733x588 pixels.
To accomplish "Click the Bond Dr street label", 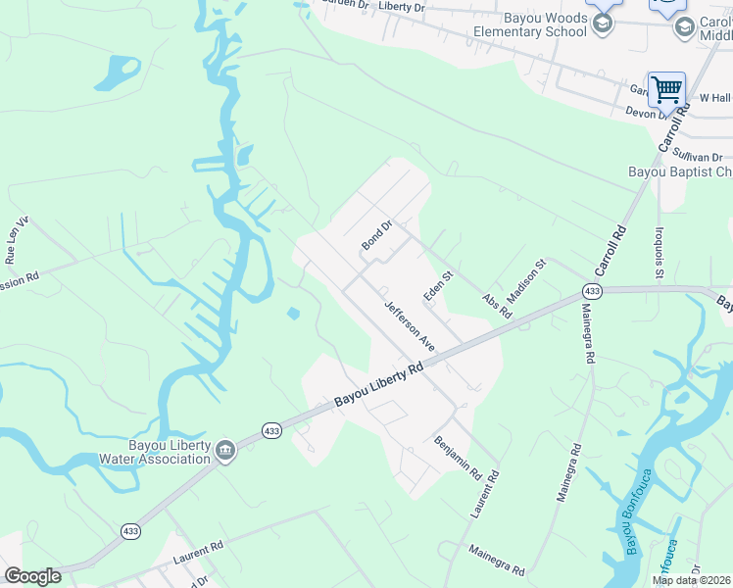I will pos(376,233).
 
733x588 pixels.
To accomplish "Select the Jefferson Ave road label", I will pos(410,326).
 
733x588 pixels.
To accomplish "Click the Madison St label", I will pos(525,282).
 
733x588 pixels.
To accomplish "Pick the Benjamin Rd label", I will pos(458,457).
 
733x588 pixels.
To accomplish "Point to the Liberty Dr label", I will pos(402,7).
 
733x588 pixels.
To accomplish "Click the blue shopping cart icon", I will pos(666,89).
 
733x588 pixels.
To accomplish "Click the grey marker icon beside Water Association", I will pos(225,450).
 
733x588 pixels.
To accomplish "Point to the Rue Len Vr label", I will pos(18,240).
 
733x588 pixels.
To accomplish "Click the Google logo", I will pos(32,576).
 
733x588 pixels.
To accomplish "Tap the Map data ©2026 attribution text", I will pos(692,580).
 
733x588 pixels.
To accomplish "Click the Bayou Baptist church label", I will pos(680,172).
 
